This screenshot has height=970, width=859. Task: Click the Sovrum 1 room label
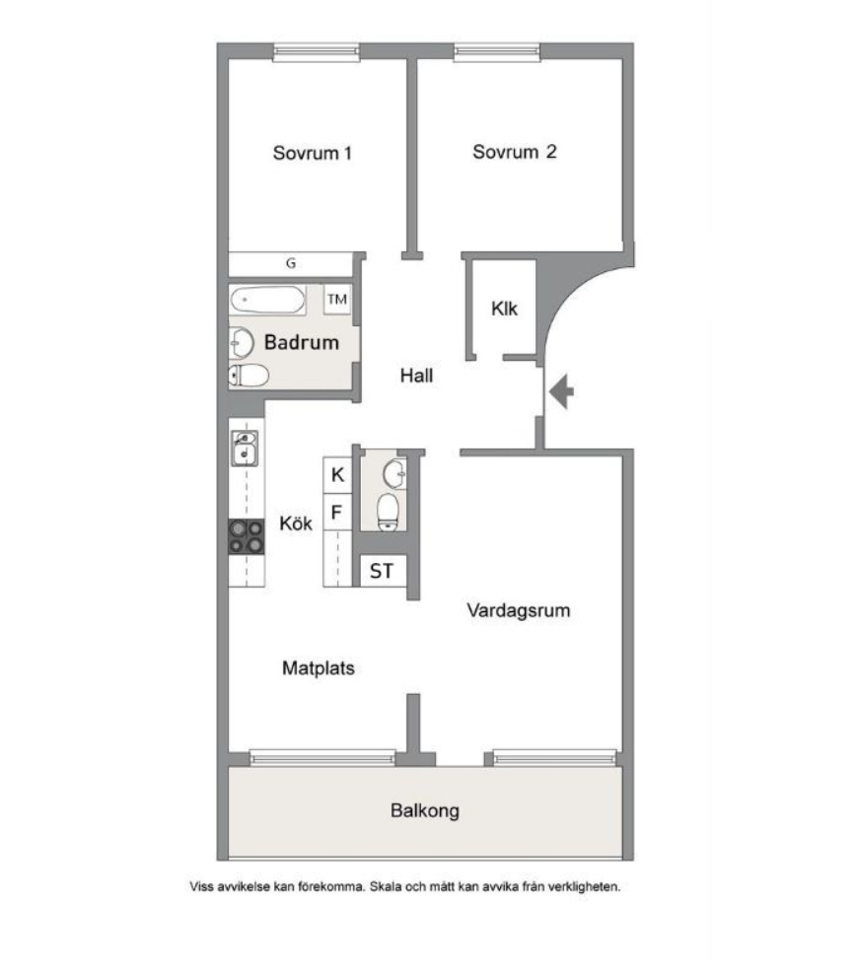(x=312, y=153)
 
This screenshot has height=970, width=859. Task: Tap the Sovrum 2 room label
(x=514, y=152)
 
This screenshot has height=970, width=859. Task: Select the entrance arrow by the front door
(x=562, y=392)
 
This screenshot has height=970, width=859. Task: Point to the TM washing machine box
(x=337, y=299)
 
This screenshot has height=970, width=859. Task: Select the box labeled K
(x=337, y=475)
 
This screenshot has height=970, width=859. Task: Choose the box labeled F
(x=337, y=513)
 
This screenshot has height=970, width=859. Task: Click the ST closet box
(x=382, y=571)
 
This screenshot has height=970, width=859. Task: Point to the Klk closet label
(x=505, y=309)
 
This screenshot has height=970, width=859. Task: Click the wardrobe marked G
(x=291, y=264)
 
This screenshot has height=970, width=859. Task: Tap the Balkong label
(x=425, y=812)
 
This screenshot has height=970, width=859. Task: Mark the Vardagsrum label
(x=519, y=610)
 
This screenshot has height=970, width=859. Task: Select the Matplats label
(x=318, y=667)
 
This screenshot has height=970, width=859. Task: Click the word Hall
(x=416, y=376)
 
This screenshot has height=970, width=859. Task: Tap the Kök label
(x=296, y=523)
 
